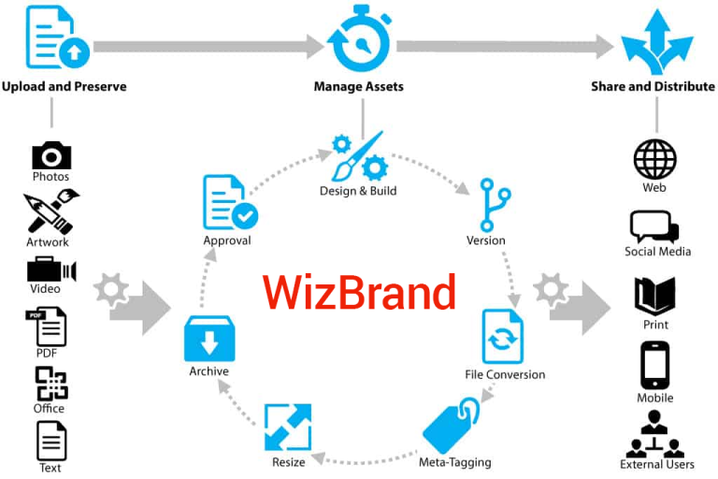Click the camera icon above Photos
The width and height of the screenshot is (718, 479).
click(51, 154)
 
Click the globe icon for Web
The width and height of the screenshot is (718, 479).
click(654, 160)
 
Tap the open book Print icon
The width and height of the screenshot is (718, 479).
click(654, 297)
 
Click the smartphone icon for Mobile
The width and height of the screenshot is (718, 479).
click(654, 366)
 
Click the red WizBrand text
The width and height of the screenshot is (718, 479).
click(359, 293)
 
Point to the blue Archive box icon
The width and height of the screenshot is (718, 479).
click(208, 340)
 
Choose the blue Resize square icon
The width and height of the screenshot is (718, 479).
click(287, 427)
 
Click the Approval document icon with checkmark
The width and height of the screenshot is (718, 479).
click(228, 203)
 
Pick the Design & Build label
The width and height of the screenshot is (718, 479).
click(358, 192)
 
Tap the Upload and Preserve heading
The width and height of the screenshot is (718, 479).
click(64, 87)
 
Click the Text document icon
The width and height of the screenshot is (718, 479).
click(50, 439)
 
